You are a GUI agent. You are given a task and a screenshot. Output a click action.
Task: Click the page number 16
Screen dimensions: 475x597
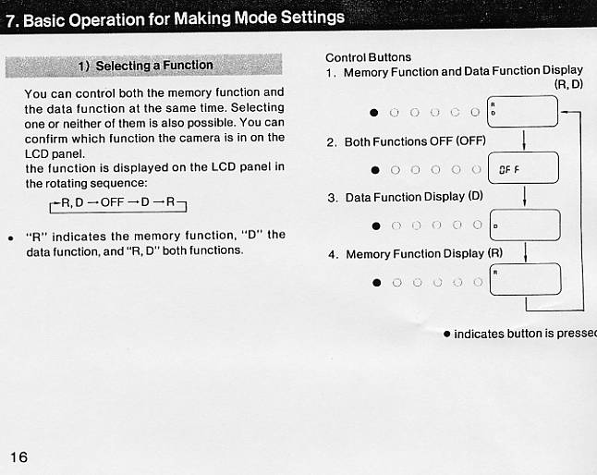[19, 457]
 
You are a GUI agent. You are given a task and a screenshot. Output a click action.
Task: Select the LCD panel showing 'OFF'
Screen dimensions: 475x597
[524, 168]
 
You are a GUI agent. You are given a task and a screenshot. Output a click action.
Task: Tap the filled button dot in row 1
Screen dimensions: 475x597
[374, 113]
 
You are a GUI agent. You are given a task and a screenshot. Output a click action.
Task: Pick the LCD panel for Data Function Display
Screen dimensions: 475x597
[524, 225]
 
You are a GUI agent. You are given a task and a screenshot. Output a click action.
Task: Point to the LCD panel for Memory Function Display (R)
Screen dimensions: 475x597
[524, 279]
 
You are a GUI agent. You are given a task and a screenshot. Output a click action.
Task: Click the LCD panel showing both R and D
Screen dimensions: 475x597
[524, 112]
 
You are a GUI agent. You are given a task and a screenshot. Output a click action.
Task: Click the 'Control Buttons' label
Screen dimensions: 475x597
[368, 57]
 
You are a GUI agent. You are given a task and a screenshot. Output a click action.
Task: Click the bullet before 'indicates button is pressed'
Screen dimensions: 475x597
[446, 333]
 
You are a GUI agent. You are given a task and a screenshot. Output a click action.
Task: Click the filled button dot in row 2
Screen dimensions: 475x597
[375, 169]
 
